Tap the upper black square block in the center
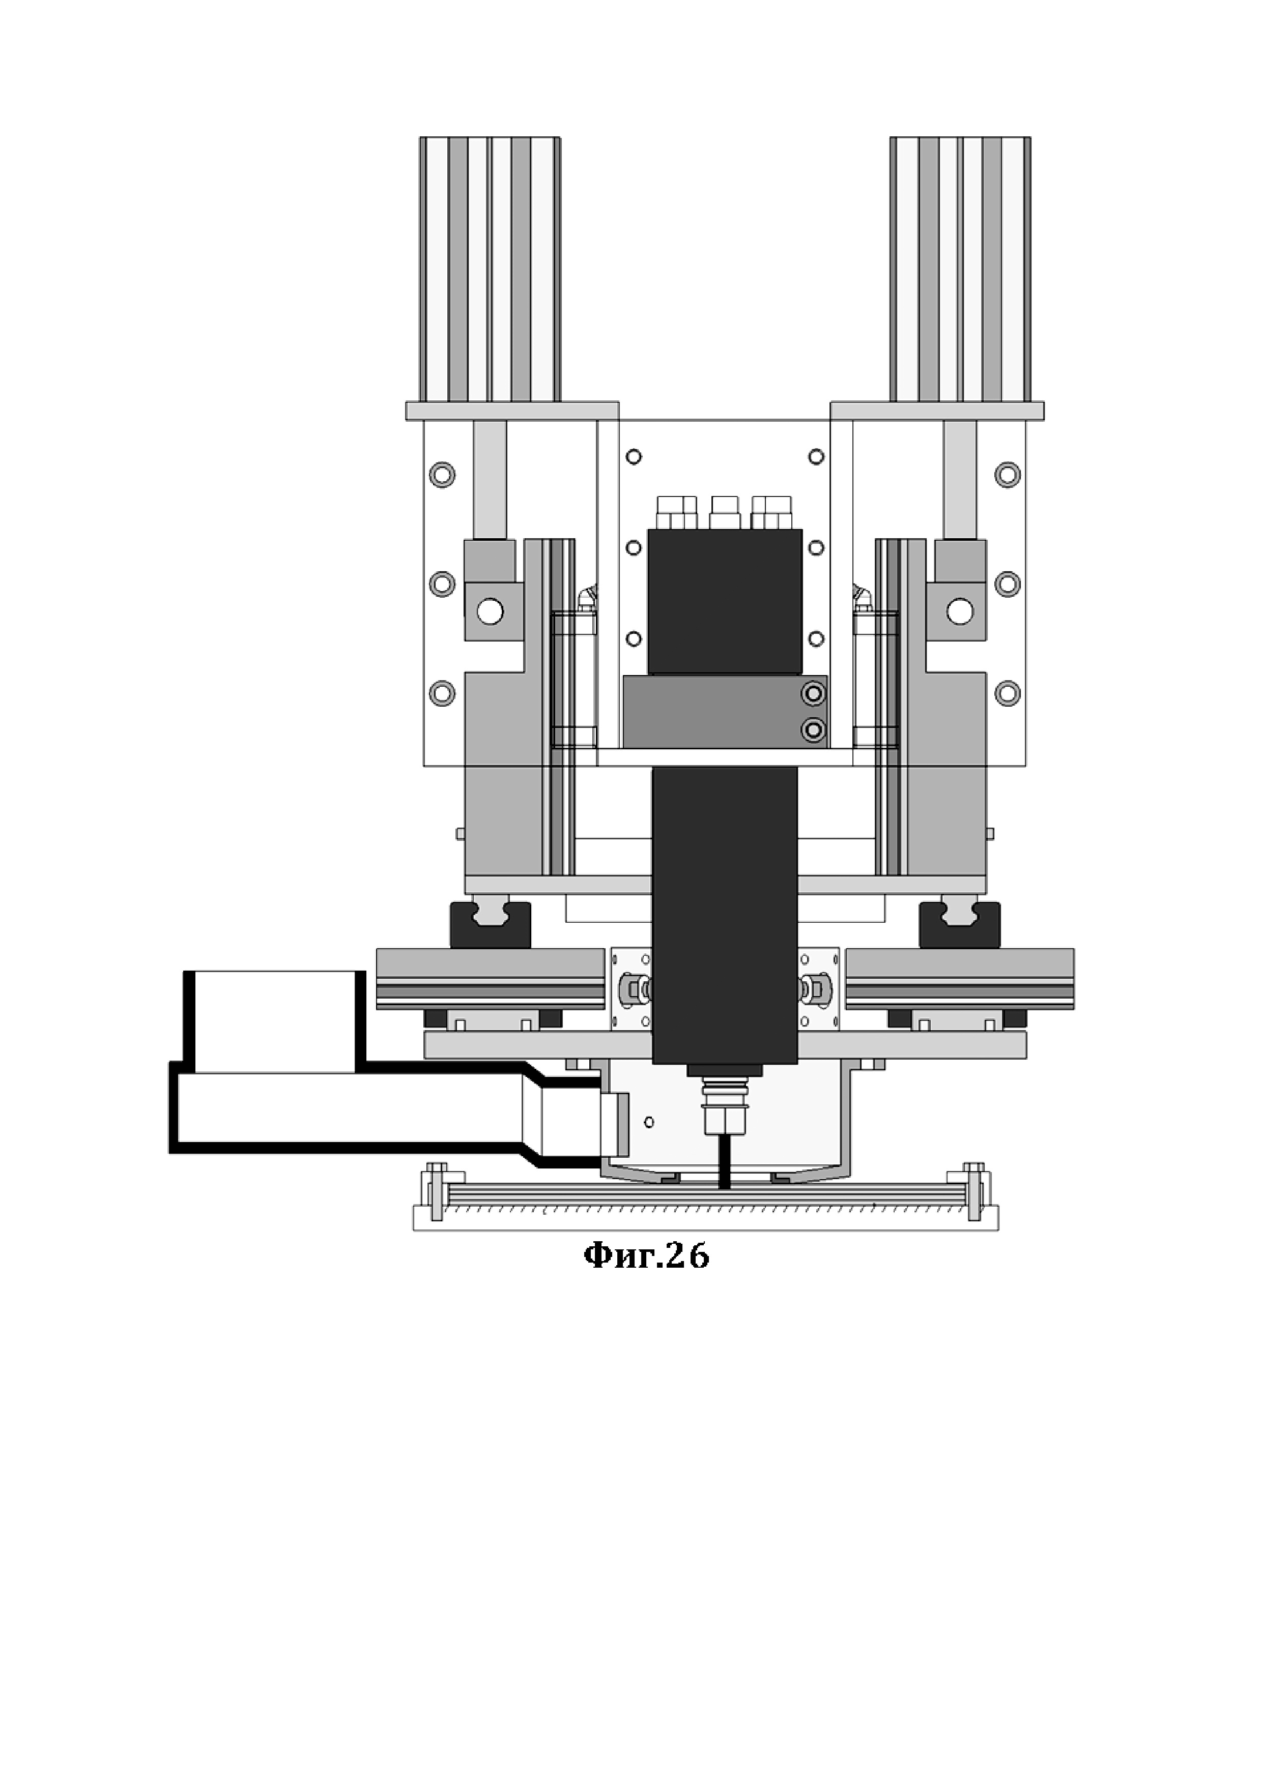coord(725,601)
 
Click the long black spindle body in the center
coord(725,915)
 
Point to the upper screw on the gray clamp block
coord(814,692)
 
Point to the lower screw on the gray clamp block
coord(814,729)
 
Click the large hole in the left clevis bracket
coord(491,611)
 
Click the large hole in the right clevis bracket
coord(960,611)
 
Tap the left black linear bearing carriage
coord(491,925)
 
